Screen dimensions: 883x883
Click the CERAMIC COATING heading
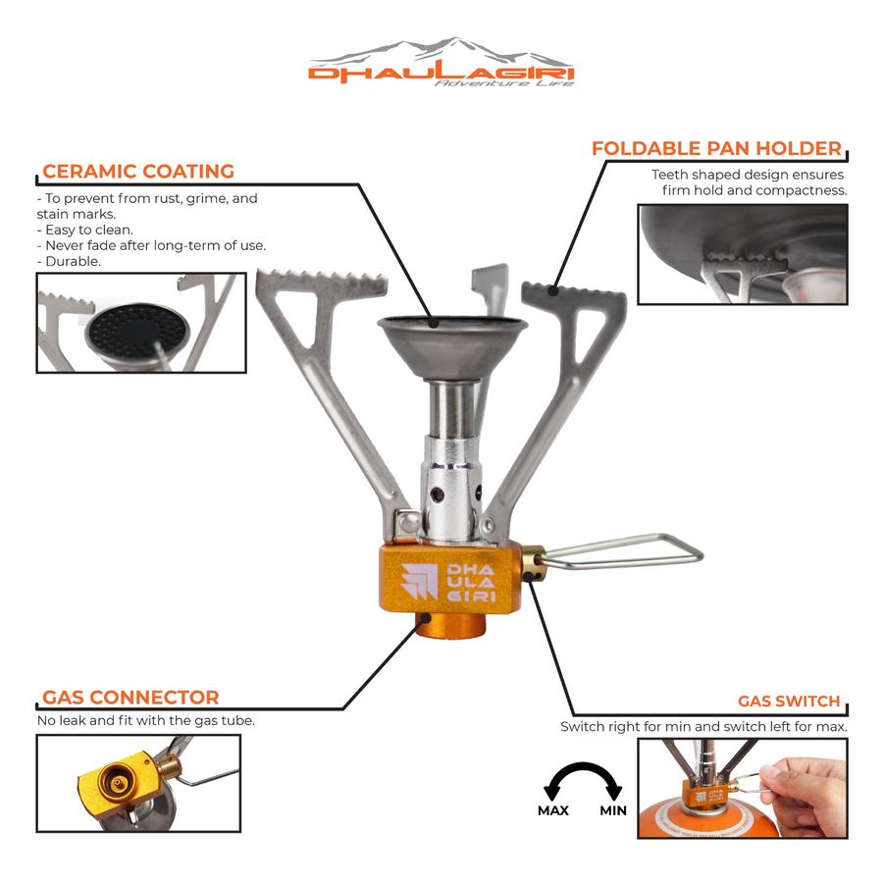coord(138,171)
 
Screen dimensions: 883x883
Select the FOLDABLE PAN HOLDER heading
coord(716,148)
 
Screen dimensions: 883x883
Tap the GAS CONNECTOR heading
coord(130,698)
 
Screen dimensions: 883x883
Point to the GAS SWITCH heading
coord(789,701)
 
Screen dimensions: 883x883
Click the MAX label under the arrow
coord(553,810)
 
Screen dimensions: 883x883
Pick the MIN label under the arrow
coord(613,810)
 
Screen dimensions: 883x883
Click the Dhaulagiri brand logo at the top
coord(441,62)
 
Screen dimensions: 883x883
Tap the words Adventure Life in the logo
coord(504,83)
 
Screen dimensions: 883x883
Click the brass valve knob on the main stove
coord(533,562)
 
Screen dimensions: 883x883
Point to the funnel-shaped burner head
coord(452,347)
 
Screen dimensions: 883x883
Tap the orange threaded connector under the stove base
coord(450,625)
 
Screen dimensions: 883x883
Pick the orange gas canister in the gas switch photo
coord(709,820)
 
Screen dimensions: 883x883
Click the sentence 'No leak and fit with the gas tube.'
coord(146,720)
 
